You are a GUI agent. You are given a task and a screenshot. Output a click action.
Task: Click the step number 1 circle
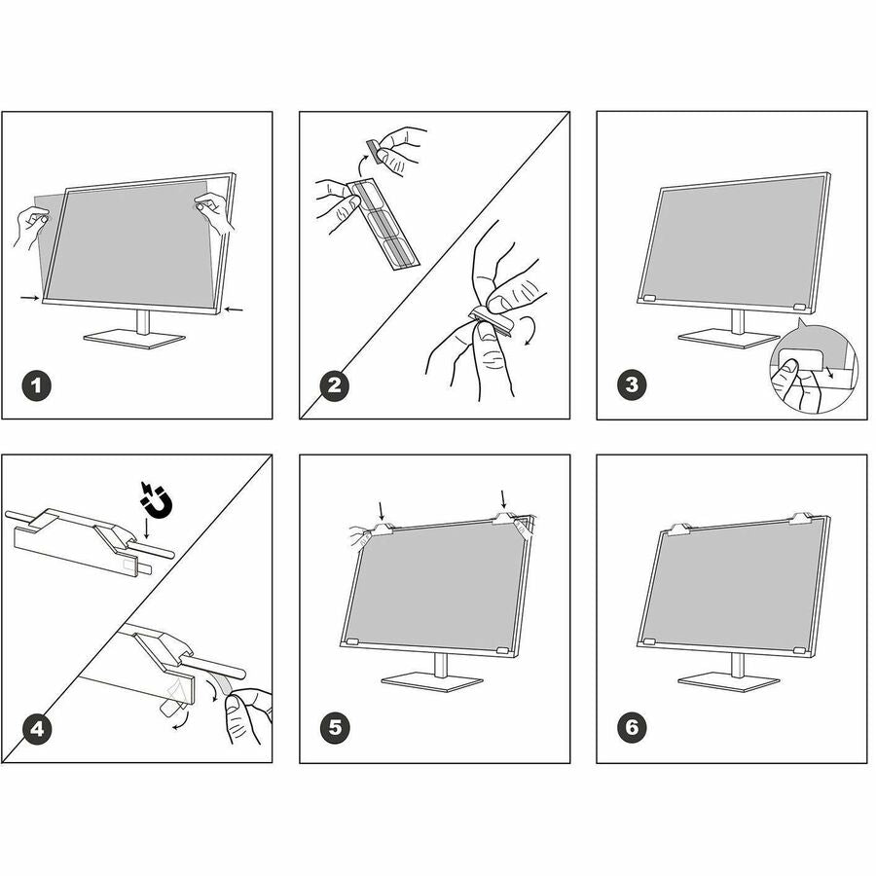[37, 385]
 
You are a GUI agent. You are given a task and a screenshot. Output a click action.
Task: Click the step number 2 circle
[334, 385]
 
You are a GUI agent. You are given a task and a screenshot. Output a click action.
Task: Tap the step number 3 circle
[632, 384]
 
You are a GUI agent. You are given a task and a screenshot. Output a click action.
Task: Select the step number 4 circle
[37, 728]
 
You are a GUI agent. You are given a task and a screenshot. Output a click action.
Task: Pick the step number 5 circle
[335, 728]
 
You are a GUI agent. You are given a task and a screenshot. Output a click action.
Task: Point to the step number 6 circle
[632, 727]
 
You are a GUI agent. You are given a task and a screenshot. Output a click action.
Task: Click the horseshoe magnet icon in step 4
[156, 500]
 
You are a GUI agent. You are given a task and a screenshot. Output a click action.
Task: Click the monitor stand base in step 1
[134, 340]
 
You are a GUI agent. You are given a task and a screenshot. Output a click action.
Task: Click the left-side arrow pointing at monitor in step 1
[29, 299]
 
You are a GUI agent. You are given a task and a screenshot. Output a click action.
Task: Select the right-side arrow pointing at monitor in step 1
[234, 309]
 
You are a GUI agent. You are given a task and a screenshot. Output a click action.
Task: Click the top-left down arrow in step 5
[382, 511]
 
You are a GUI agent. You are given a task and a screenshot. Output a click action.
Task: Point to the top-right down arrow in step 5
[504, 500]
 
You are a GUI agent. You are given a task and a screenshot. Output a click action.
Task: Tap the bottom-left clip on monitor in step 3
[649, 299]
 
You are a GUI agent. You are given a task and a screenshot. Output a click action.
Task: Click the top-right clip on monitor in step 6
[801, 519]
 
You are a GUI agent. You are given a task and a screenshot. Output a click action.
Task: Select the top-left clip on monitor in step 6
[680, 529]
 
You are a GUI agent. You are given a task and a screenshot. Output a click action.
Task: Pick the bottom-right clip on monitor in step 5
[503, 651]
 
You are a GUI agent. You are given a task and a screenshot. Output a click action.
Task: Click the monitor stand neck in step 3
[738, 322]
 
